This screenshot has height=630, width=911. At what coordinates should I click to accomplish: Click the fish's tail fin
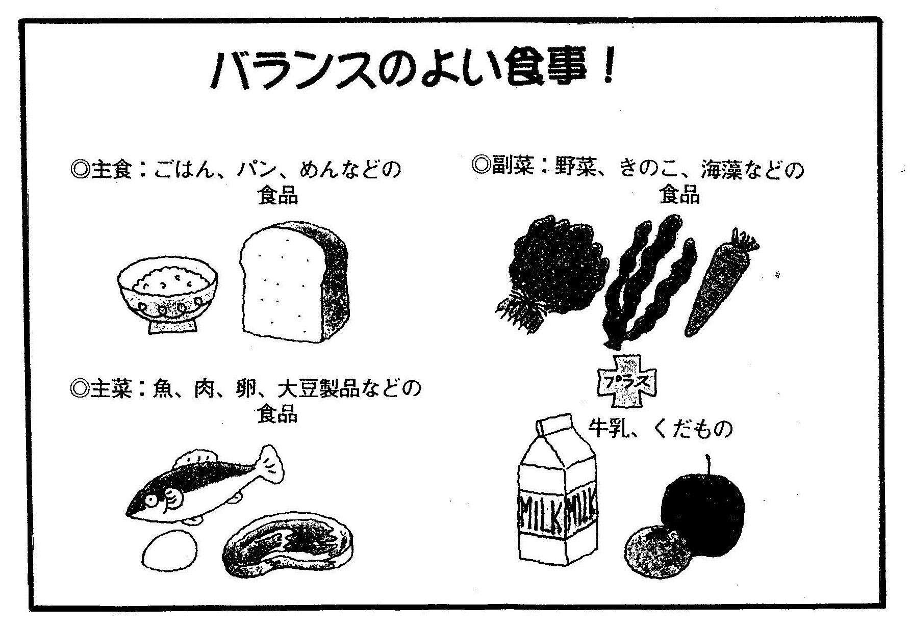(x=269, y=465)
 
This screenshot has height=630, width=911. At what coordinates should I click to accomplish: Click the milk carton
(x=557, y=494)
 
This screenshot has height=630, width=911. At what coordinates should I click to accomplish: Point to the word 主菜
(x=112, y=388)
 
